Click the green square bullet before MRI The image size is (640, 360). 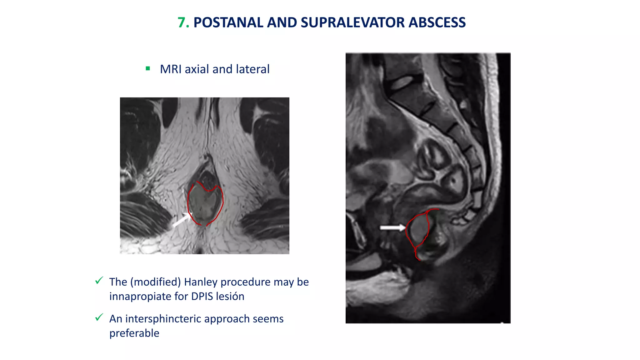pyautogui.click(x=148, y=68)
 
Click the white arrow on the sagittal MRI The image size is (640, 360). pyautogui.click(x=392, y=227)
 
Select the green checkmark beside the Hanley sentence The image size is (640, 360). pyautogui.click(x=99, y=281)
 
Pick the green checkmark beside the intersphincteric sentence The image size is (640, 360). pyautogui.click(x=99, y=317)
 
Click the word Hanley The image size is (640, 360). pyautogui.click(x=201, y=282)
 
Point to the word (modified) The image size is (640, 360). pyautogui.click(x=155, y=282)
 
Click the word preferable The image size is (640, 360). pyautogui.click(x=134, y=333)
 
